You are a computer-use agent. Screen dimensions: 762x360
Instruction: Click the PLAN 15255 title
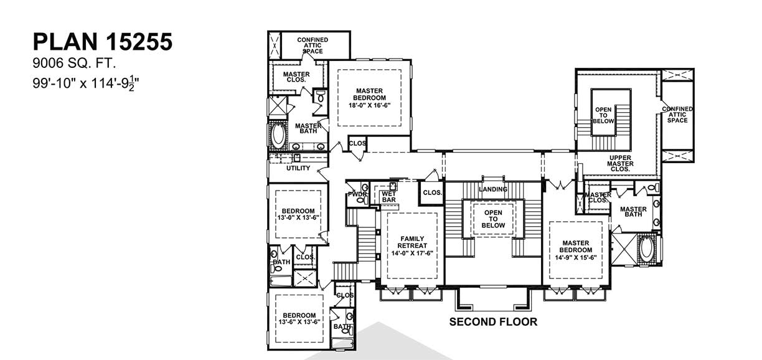[103, 42]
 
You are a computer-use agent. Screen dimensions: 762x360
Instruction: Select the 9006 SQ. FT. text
[75, 64]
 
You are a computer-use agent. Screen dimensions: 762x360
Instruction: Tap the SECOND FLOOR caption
[493, 321]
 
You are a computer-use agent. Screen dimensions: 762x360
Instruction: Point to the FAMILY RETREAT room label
[412, 242]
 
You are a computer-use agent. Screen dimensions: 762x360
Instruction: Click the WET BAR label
[389, 197]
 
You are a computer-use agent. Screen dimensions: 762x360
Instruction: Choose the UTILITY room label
[298, 168]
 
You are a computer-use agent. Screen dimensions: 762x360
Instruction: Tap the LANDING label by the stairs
[493, 189]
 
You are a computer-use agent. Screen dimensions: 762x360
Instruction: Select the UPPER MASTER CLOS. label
[621, 164]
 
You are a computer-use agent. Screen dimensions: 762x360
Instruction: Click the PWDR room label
[357, 194]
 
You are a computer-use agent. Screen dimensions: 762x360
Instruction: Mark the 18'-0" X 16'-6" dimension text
[369, 105]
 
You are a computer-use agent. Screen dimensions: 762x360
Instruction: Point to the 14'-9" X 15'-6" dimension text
[576, 258]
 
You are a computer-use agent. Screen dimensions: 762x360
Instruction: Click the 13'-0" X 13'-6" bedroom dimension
[298, 217]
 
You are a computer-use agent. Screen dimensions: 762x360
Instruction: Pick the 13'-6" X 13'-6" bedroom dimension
[299, 321]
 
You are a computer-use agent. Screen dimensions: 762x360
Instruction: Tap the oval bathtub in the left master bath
[278, 135]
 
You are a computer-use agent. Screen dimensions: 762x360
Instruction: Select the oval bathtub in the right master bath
[646, 249]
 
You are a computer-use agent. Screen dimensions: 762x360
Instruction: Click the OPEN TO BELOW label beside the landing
[493, 219]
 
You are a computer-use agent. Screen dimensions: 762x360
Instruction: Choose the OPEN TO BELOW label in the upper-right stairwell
[603, 115]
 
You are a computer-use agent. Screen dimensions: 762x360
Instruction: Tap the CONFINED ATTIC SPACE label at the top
[313, 45]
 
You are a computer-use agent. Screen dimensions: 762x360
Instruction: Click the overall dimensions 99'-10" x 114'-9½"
[87, 83]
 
